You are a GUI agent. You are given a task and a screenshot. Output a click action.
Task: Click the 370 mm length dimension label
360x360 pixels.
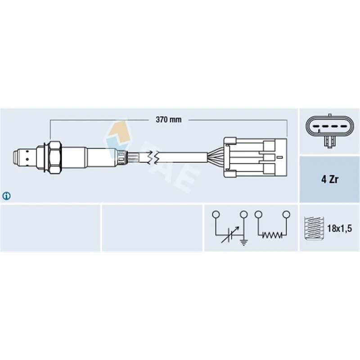pyautogui.click(x=168, y=120)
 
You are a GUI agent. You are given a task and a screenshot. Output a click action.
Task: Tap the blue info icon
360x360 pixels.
pyautogui.click(x=6, y=196)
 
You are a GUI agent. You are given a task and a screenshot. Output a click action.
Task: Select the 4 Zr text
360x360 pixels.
pyautogui.click(x=329, y=179)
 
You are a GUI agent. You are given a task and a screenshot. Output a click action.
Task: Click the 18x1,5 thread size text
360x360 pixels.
pyautogui.click(x=339, y=228)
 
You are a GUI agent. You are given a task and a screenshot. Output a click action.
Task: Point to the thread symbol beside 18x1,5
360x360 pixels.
pyautogui.click(x=314, y=228)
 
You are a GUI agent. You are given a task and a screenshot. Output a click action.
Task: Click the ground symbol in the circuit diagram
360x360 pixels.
pyautogui.click(x=243, y=242)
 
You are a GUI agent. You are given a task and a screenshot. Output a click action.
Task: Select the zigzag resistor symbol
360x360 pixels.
pyautogui.click(x=272, y=235)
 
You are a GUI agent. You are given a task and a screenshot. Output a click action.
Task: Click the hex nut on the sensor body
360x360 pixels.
pyautogui.click(x=55, y=157)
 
